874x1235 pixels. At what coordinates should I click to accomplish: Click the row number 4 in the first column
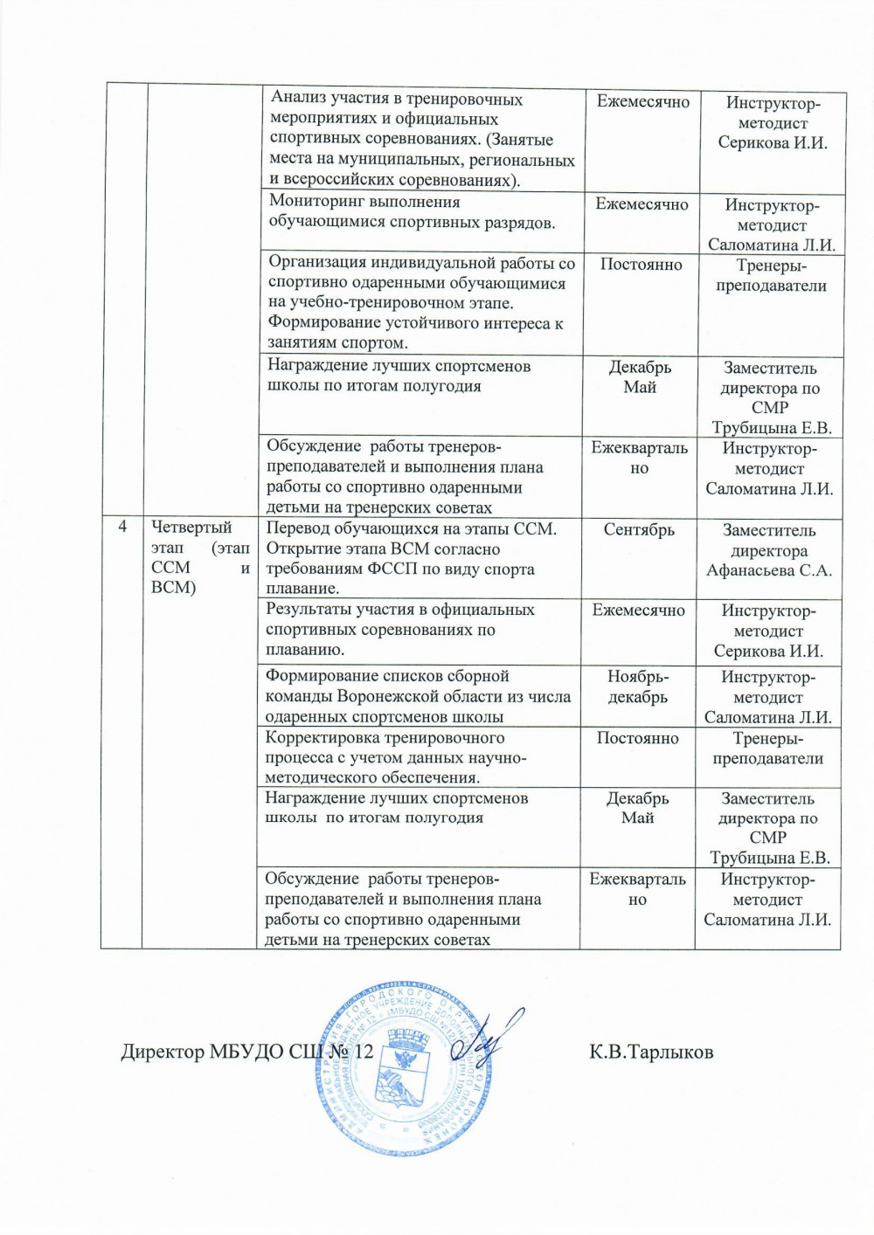click(123, 526)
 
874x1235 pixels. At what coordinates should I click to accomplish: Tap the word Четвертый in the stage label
click(191, 527)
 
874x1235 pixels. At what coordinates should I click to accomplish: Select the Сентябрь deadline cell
click(639, 529)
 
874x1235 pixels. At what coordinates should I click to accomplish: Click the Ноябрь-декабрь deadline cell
click(637, 686)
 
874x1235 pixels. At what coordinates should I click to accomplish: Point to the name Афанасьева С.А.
click(769, 571)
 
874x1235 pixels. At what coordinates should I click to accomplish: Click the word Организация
click(318, 263)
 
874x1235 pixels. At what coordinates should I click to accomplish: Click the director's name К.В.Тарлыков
click(651, 1052)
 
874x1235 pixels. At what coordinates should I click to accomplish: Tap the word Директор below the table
click(163, 1052)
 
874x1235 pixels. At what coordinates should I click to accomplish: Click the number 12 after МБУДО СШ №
click(362, 1052)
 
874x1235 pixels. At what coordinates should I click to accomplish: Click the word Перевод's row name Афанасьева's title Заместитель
click(769, 530)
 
